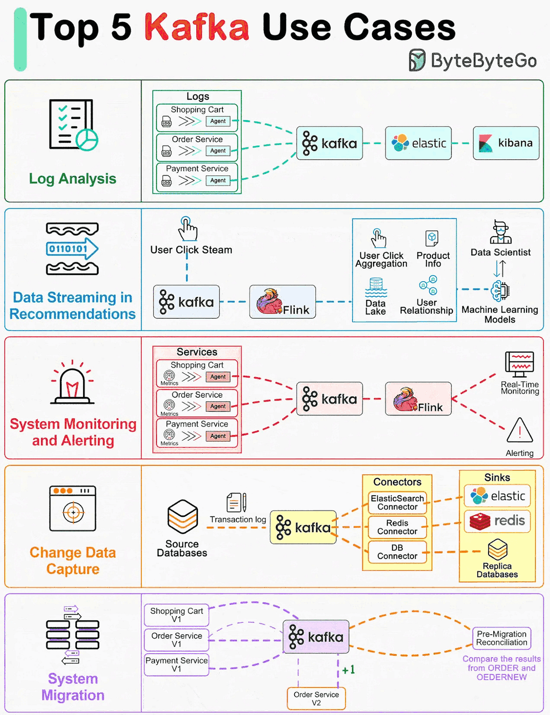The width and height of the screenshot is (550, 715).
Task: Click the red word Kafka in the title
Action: tap(197, 27)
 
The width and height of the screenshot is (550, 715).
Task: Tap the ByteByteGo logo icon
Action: tap(417, 61)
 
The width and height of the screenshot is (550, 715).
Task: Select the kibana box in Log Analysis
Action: tap(506, 143)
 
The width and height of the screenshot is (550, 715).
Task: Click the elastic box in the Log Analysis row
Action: tap(418, 143)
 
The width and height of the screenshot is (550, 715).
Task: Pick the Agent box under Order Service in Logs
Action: tap(218, 151)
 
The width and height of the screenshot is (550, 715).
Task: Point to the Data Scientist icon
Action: tap(500, 232)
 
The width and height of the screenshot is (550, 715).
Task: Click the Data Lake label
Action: tap(375, 307)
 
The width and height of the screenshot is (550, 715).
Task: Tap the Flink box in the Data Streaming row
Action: tap(282, 302)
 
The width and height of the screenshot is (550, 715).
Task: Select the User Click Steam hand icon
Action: tap(187, 229)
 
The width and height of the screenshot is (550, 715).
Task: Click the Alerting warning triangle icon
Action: tap(520, 431)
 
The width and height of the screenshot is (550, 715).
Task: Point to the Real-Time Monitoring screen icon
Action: tap(519, 364)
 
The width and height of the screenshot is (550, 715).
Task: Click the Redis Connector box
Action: tap(397, 527)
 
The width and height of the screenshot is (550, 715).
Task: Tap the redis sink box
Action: tap(497, 521)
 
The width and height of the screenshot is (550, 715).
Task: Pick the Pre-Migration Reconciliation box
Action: tap(501, 638)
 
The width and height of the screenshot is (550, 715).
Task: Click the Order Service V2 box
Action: tap(316, 698)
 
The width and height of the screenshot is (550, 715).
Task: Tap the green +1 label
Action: tap(348, 670)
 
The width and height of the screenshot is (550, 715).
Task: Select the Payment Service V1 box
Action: tap(176, 665)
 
